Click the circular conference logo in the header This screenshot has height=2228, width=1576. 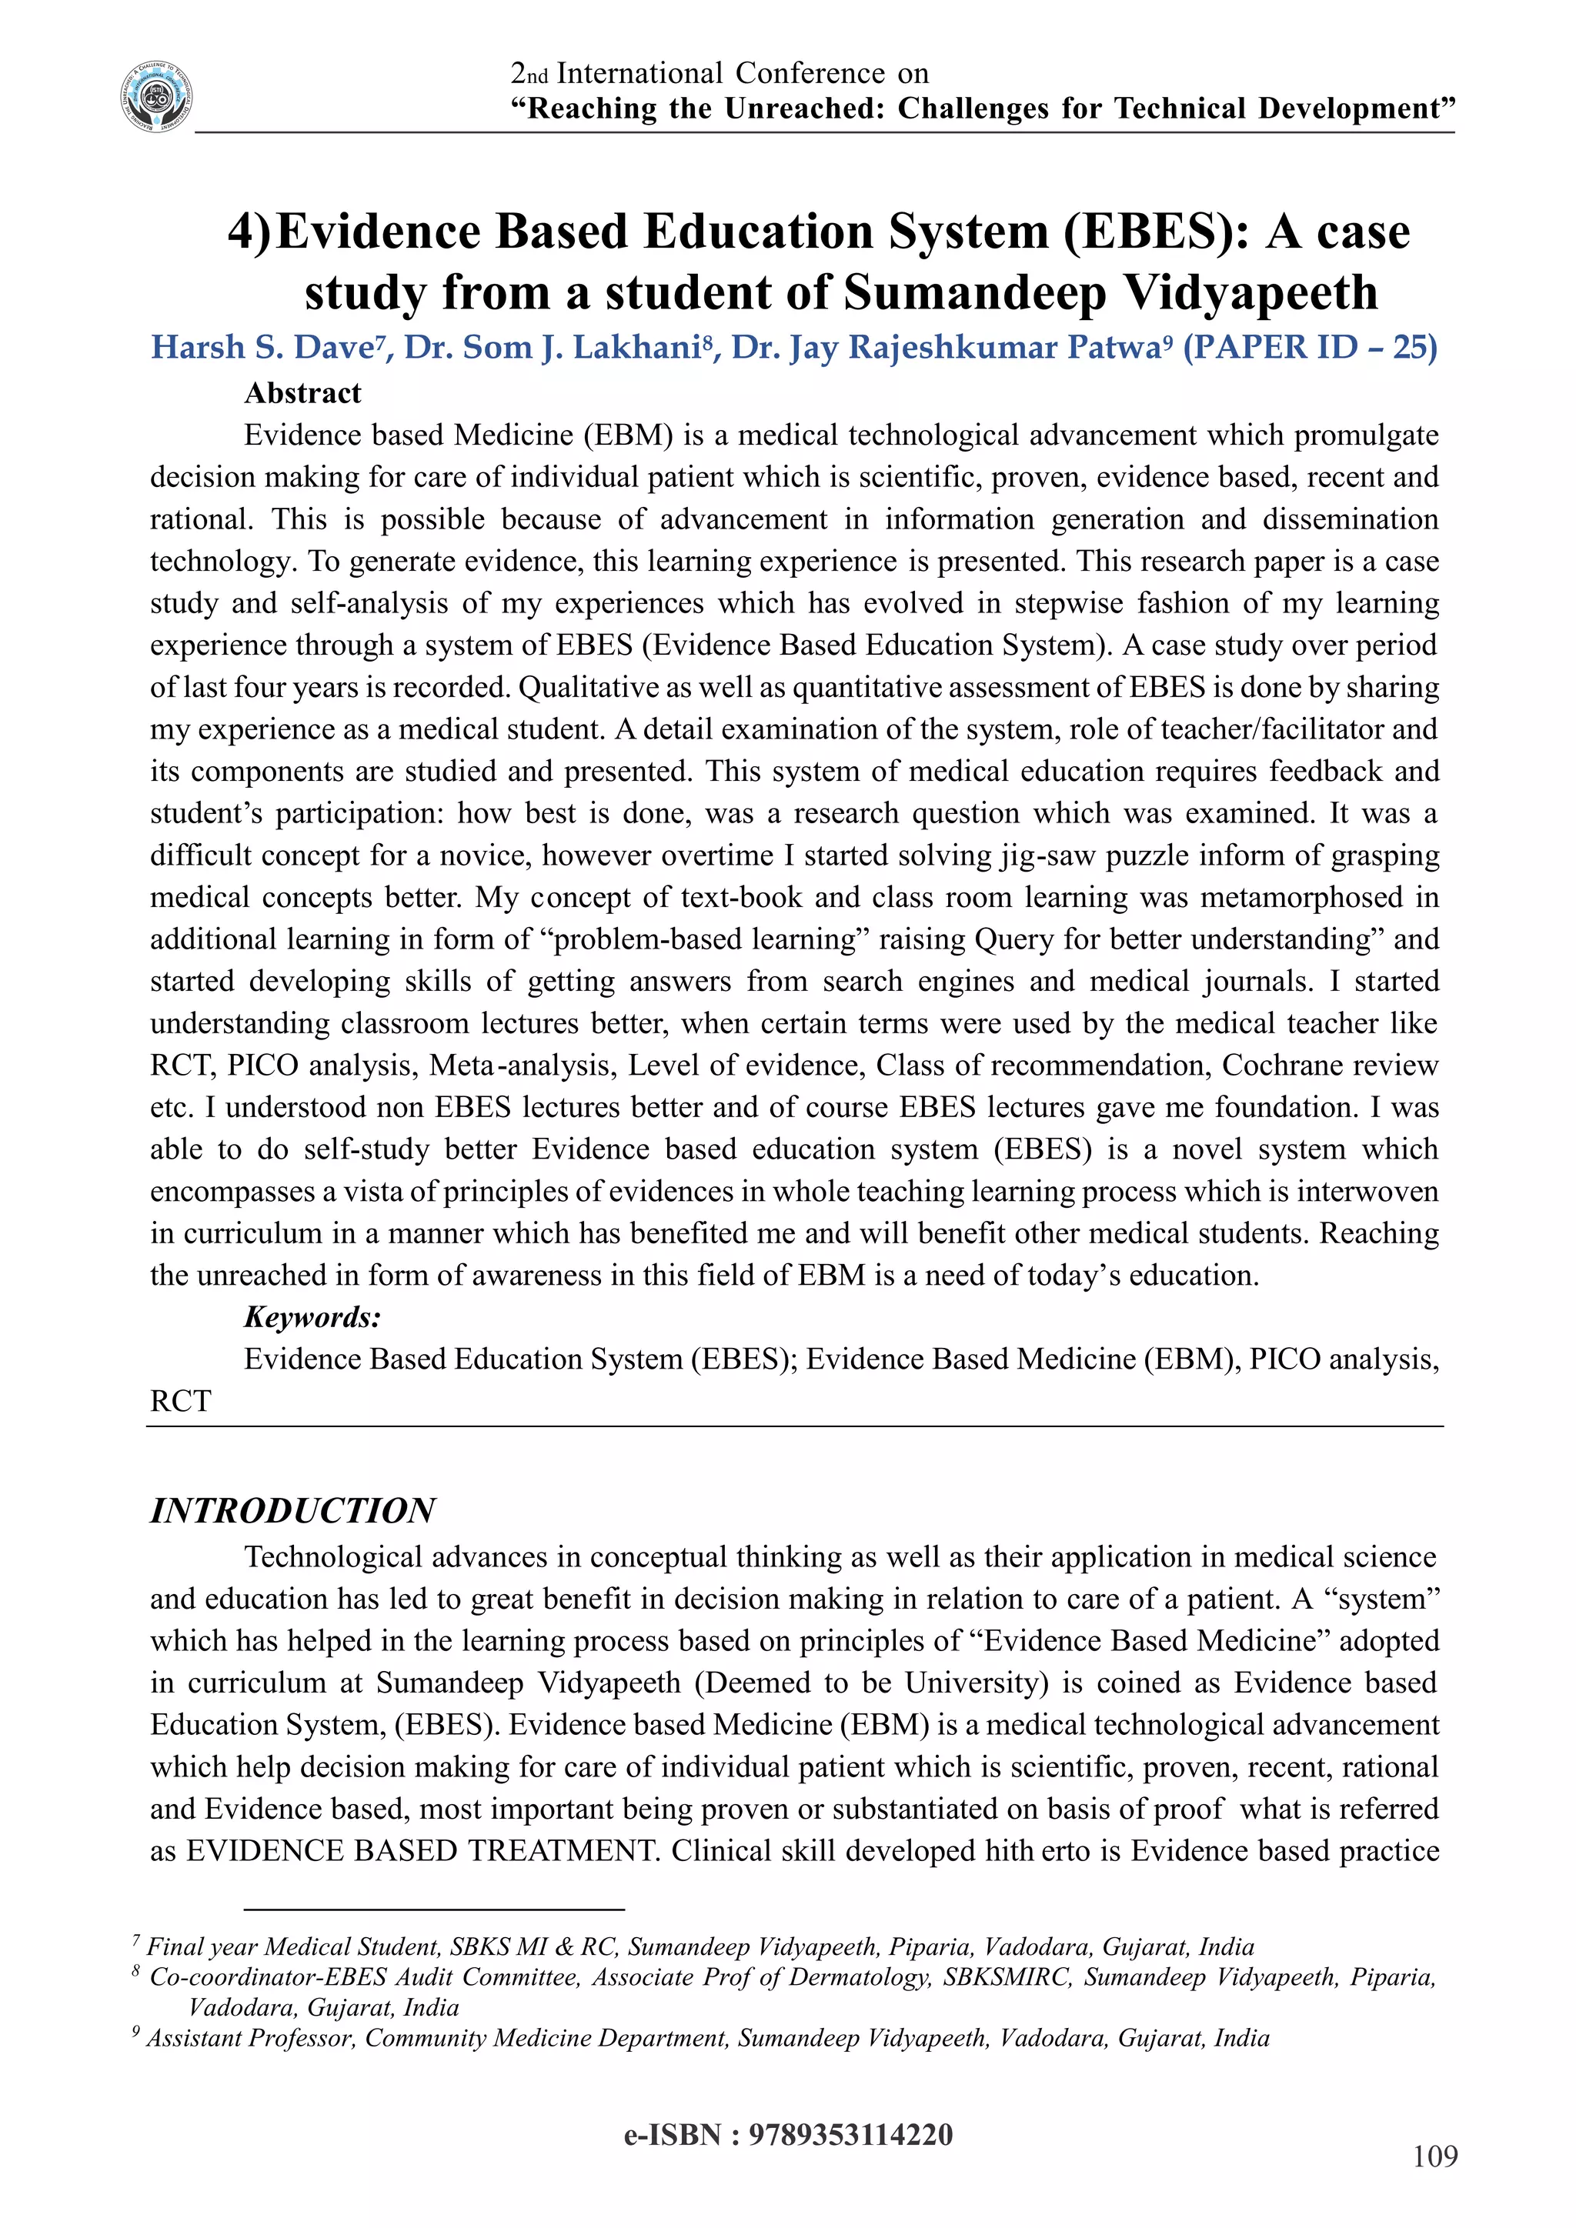pos(156,96)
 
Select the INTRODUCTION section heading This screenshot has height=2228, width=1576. pos(292,1511)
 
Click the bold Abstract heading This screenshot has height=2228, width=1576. pos(302,393)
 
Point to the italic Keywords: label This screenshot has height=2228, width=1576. pos(312,1317)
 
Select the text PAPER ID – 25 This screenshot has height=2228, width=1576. pos(1309,348)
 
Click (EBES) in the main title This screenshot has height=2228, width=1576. pos(1156,232)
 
